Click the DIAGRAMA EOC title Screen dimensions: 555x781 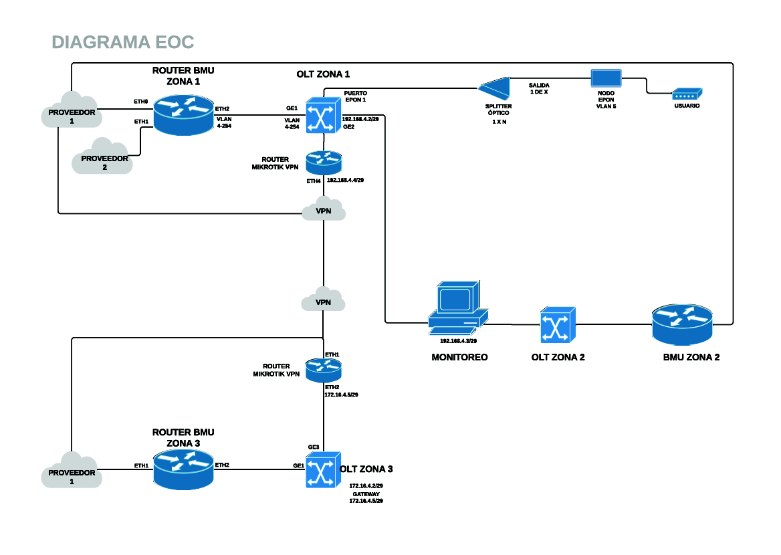tap(123, 43)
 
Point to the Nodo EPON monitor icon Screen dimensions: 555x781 tap(606, 79)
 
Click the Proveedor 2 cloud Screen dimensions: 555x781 tap(104, 158)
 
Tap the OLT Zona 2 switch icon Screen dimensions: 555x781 tap(558, 325)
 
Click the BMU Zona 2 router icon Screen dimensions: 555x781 tap(683, 324)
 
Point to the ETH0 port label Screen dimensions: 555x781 tap(140, 102)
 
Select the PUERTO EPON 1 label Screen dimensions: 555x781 tap(355, 96)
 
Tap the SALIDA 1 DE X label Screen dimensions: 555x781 tap(539, 88)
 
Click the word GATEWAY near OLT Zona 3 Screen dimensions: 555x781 tap(366, 493)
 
